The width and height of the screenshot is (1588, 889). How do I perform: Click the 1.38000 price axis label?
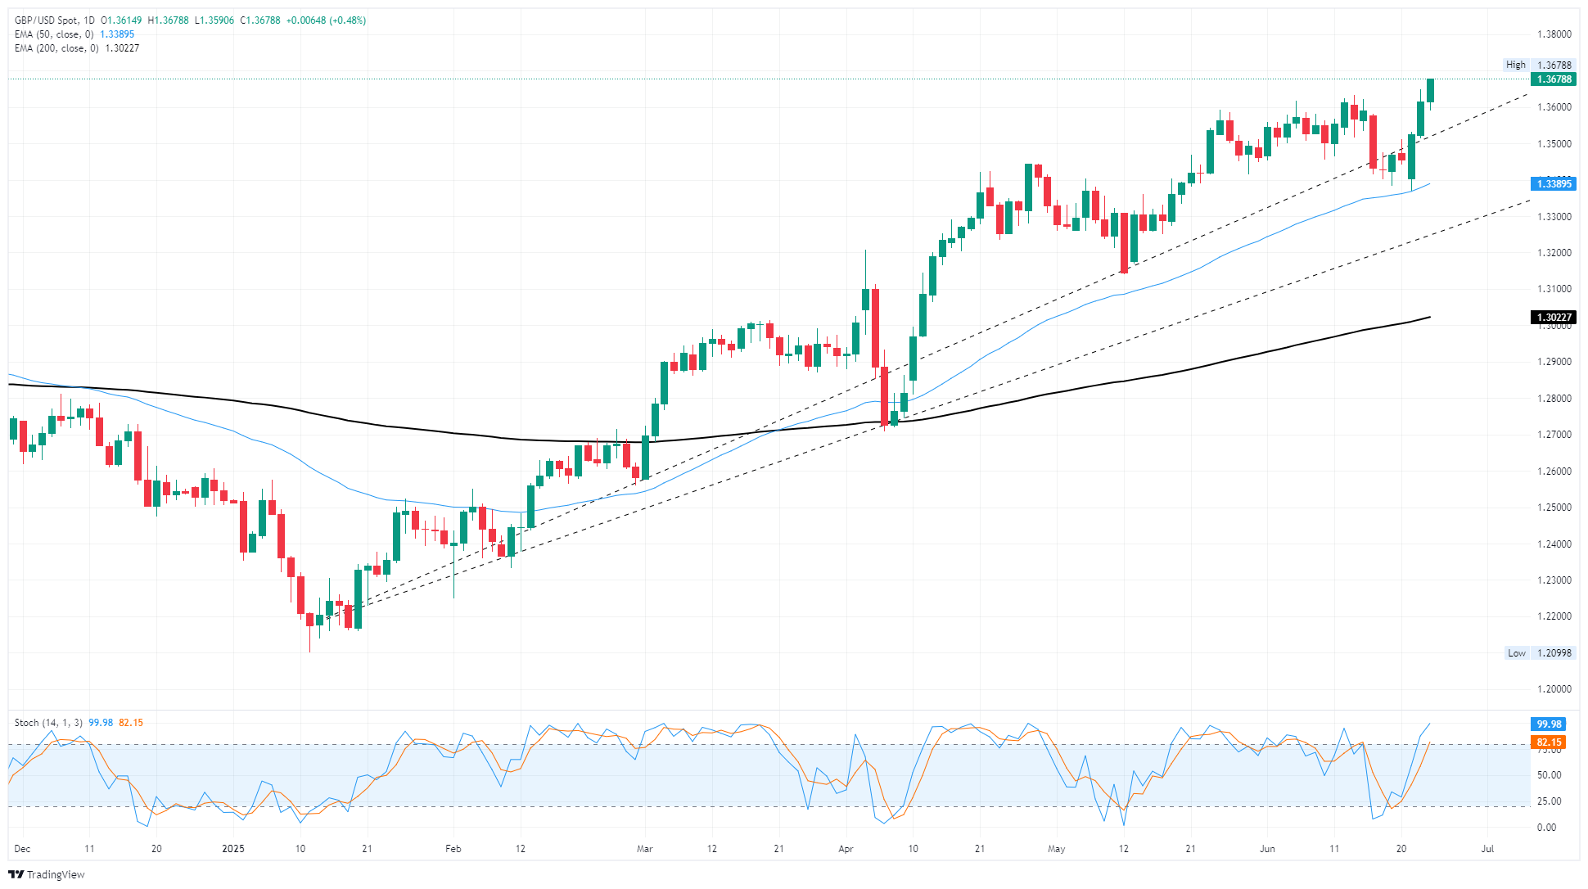[x=1554, y=34]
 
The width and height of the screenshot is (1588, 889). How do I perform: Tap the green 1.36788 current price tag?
[x=1553, y=79]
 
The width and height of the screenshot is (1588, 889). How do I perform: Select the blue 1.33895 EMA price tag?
[x=1553, y=184]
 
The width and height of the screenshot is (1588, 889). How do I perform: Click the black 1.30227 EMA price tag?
[x=1553, y=318]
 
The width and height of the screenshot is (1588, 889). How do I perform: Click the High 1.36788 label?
[x=1539, y=65]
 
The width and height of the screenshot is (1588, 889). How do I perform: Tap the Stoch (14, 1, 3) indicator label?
[x=48, y=723]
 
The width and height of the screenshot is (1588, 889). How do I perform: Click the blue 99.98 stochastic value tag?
[x=1549, y=724]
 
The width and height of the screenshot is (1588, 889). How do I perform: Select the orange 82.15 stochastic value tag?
[x=1549, y=742]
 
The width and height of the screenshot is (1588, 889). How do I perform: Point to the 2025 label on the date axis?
[x=233, y=849]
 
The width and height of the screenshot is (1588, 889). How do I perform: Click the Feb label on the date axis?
[x=453, y=849]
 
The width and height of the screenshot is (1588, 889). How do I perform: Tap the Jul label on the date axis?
[x=1487, y=849]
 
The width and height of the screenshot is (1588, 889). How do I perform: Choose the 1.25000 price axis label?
[x=1554, y=508]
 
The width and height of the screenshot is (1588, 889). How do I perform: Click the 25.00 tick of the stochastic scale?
[x=1549, y=801]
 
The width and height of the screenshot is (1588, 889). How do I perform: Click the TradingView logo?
[x=47, y=874]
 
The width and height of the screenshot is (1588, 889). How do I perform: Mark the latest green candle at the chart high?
[x=1430, y=90]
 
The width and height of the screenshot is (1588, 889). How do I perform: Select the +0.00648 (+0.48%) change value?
[x=326, y=20]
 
